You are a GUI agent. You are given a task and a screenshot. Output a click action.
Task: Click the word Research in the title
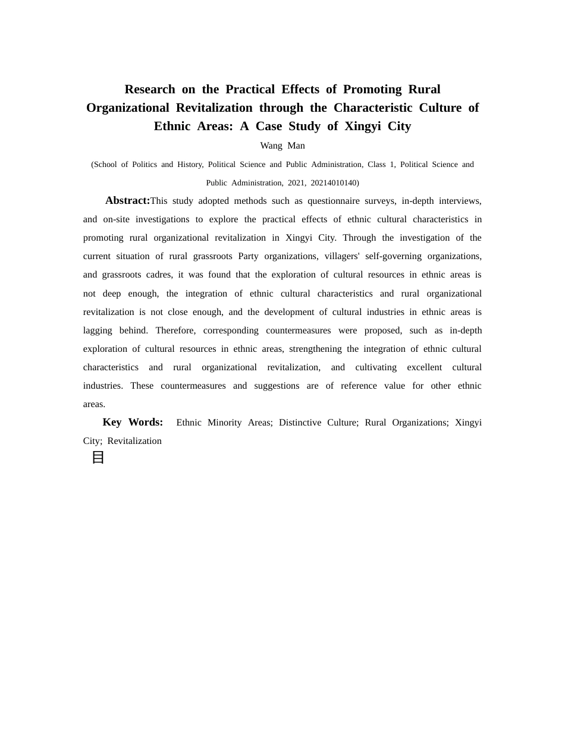[149, 89]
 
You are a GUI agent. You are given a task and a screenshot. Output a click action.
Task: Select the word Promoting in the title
[372, 89]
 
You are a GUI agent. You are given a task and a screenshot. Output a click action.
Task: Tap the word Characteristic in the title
[373, 108]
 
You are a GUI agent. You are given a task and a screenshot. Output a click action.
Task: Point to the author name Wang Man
[282, 146]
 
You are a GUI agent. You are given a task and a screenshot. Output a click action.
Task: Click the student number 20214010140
[334, 182]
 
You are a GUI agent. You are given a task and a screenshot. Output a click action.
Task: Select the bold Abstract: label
[127, 200]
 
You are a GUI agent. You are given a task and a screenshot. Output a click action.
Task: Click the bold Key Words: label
[133, 422]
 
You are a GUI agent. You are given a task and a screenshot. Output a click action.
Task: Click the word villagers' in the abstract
[342, 256]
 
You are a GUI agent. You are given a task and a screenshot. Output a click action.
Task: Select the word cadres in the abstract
[158, 275]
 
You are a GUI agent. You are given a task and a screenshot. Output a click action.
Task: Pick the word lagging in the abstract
[98, 330]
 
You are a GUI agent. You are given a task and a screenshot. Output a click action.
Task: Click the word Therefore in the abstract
[175, 330]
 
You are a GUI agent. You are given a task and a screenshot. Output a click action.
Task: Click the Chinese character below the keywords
[98, 458]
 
